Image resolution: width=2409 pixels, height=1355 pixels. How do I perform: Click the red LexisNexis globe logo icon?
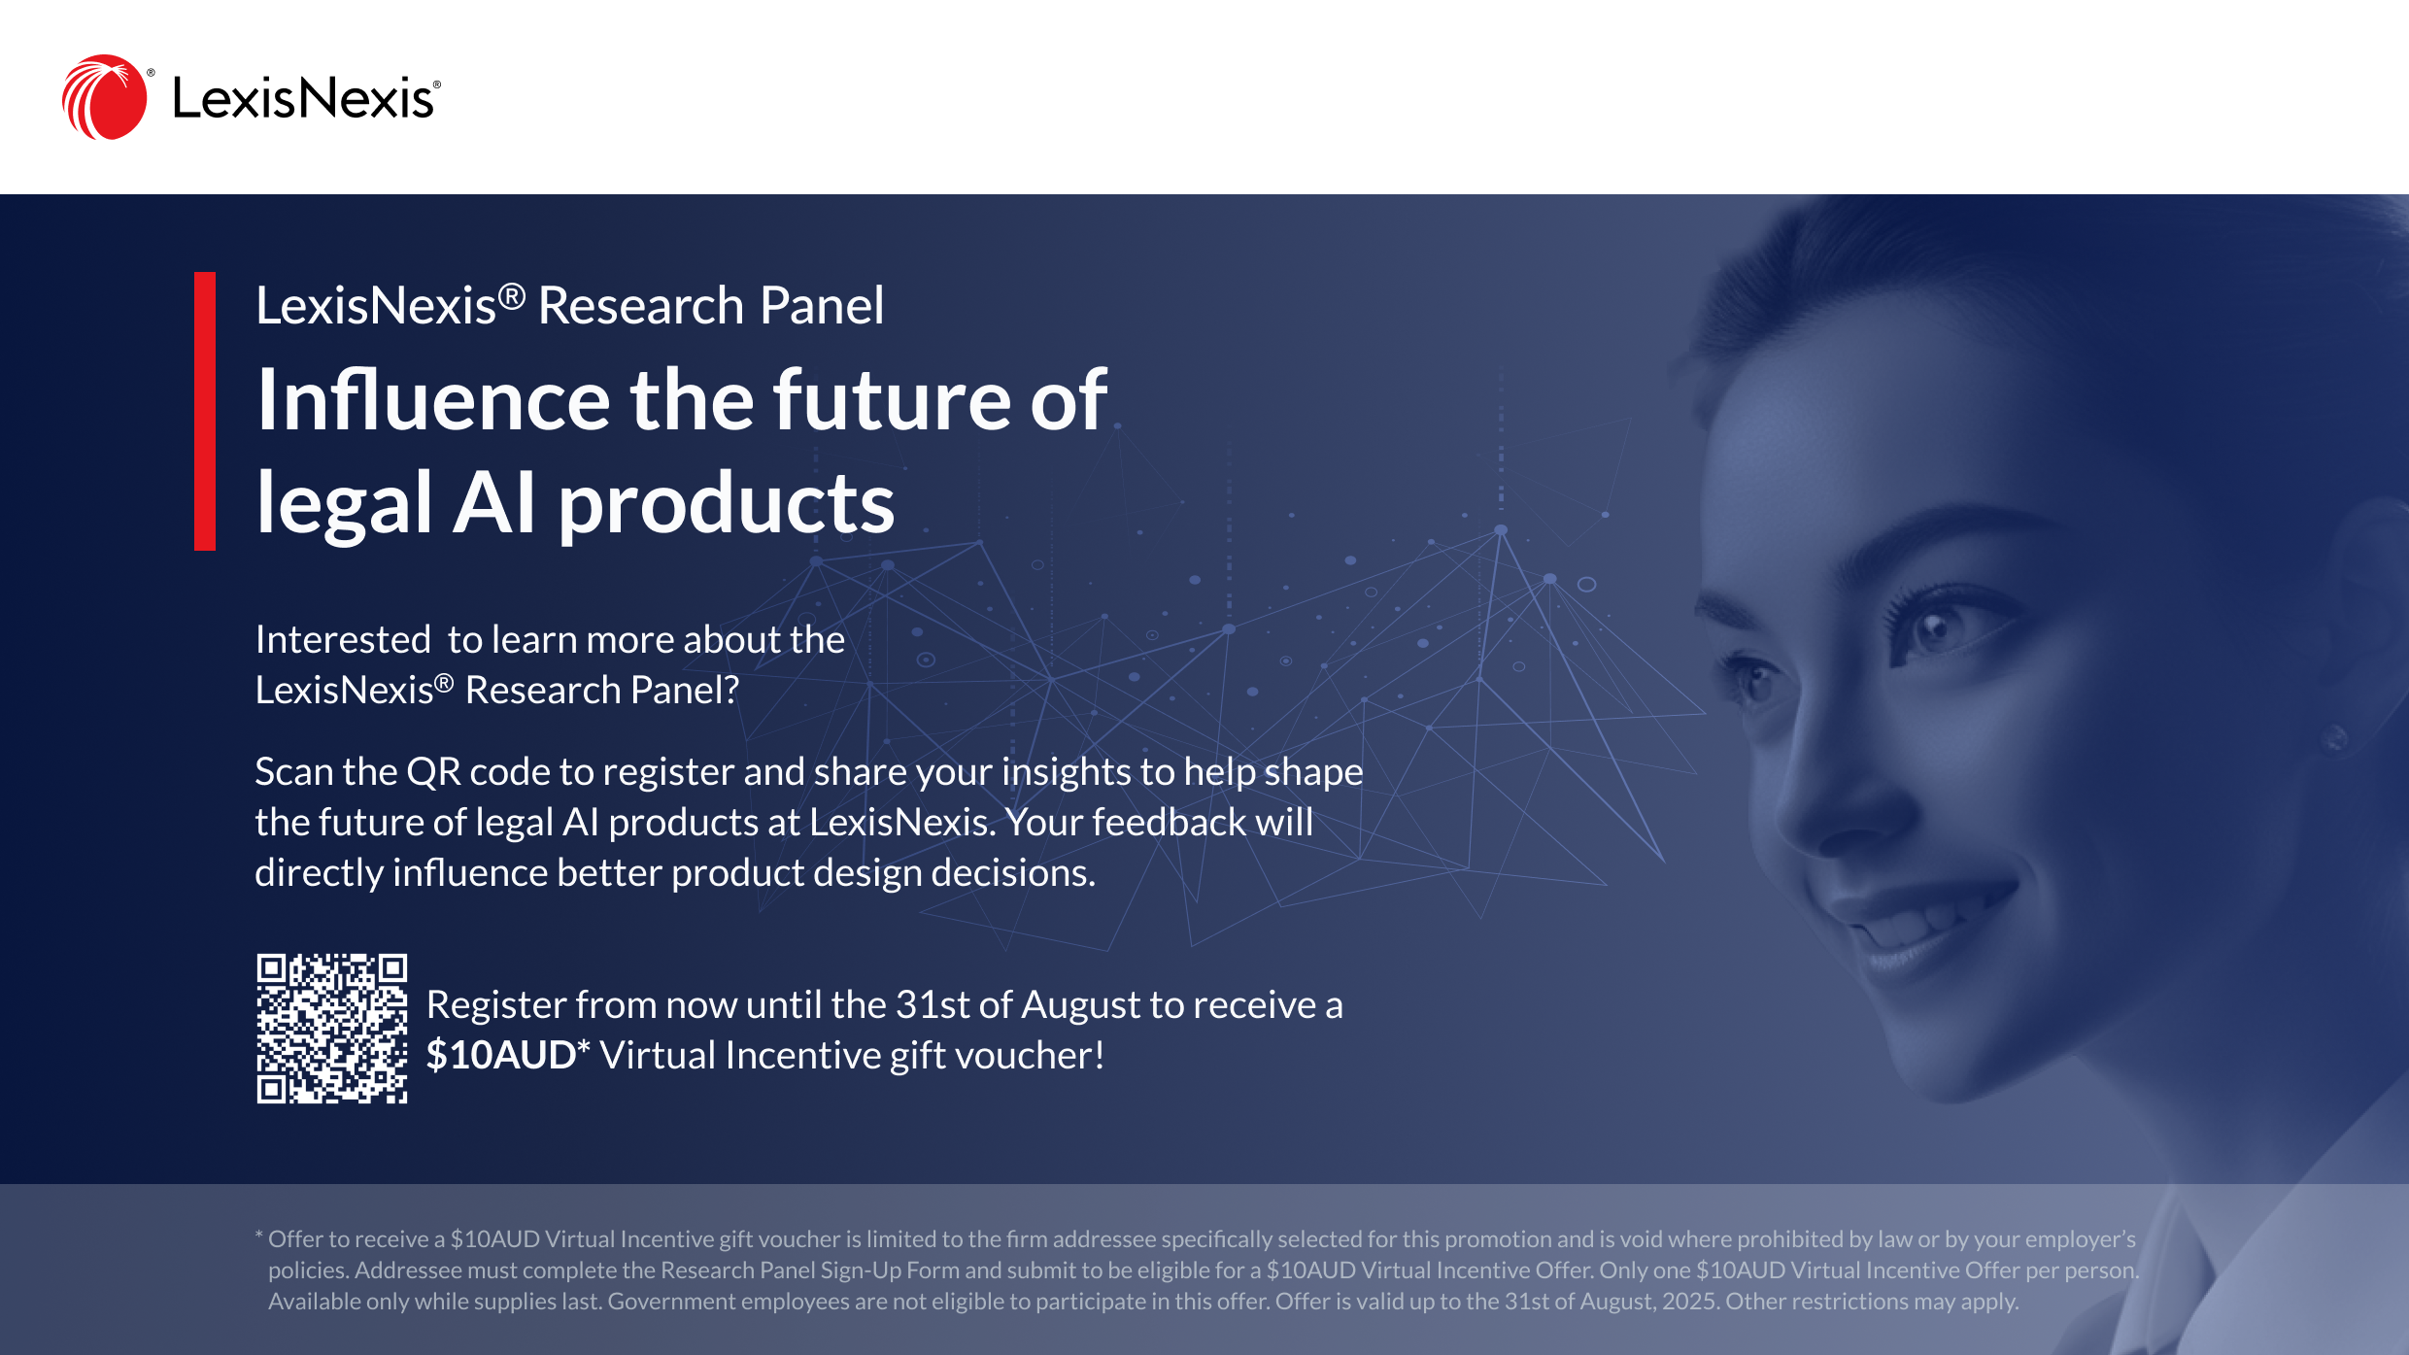105,97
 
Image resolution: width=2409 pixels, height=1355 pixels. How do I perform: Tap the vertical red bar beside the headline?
205,411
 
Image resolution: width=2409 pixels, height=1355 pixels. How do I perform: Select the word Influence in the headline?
433,399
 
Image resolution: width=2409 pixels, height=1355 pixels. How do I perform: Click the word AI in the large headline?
494,503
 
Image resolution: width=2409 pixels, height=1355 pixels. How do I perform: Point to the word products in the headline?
727,506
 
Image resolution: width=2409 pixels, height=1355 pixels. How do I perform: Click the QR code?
332,1029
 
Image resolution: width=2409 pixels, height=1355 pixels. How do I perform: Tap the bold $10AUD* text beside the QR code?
508,1055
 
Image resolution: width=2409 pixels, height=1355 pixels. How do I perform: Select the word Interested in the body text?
343,640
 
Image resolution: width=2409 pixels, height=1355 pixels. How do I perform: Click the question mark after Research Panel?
731,691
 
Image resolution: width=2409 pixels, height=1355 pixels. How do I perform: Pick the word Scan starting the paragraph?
294,772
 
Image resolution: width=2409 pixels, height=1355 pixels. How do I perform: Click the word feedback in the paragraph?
1170,823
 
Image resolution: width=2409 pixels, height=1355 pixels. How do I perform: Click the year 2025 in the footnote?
1689,1302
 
